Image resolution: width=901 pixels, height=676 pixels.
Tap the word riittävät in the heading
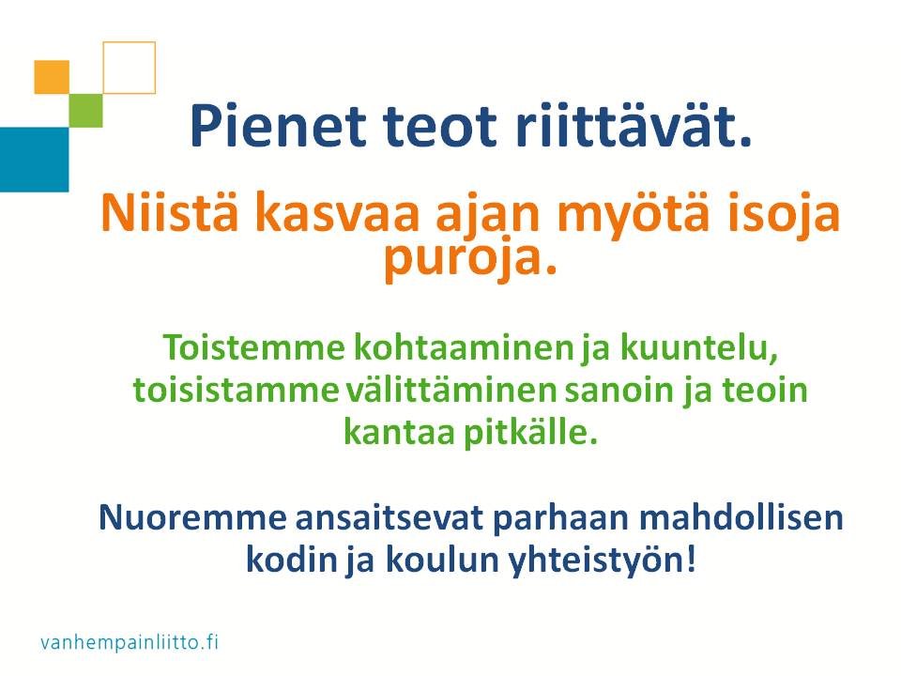[634, 125]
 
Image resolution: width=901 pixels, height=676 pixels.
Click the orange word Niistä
[170, 211]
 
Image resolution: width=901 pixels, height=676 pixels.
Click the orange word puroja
[470, 259]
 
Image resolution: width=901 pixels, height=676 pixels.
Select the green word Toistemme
[254, 347]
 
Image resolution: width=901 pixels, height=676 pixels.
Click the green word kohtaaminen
[463, 347]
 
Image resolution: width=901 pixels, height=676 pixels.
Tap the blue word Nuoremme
[192, 517]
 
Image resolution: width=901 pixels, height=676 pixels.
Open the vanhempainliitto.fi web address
[130, 642]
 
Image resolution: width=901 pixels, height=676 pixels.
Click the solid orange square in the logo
[52, 77]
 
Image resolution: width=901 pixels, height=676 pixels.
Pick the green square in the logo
[85, 111]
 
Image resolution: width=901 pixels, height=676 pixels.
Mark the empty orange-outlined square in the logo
[130, 42]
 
